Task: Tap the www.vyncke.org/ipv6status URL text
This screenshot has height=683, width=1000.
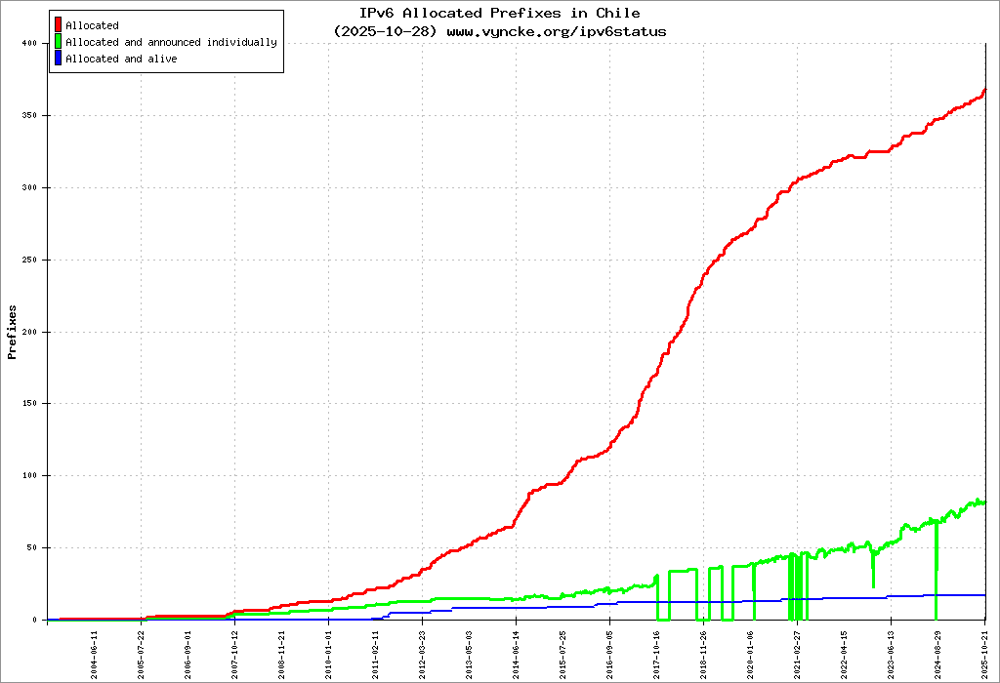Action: pyautogui.click(x=557, y=31)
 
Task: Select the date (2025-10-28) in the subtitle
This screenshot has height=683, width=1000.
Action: pyautogui.click(x=386, y=31)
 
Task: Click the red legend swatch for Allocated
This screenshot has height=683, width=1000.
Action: pyautogui.click(x=59, y=25)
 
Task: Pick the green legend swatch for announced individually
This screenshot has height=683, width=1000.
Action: pyautogui.click(x=59, y=42)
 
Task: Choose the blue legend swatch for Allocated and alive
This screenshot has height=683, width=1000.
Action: pyautogui.click(x=59, y=59)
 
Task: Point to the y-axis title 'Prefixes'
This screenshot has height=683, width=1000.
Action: pyautogui.click(x=13, y=332)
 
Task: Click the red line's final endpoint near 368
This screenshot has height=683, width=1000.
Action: pyautogui.click(x=984, y=90)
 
